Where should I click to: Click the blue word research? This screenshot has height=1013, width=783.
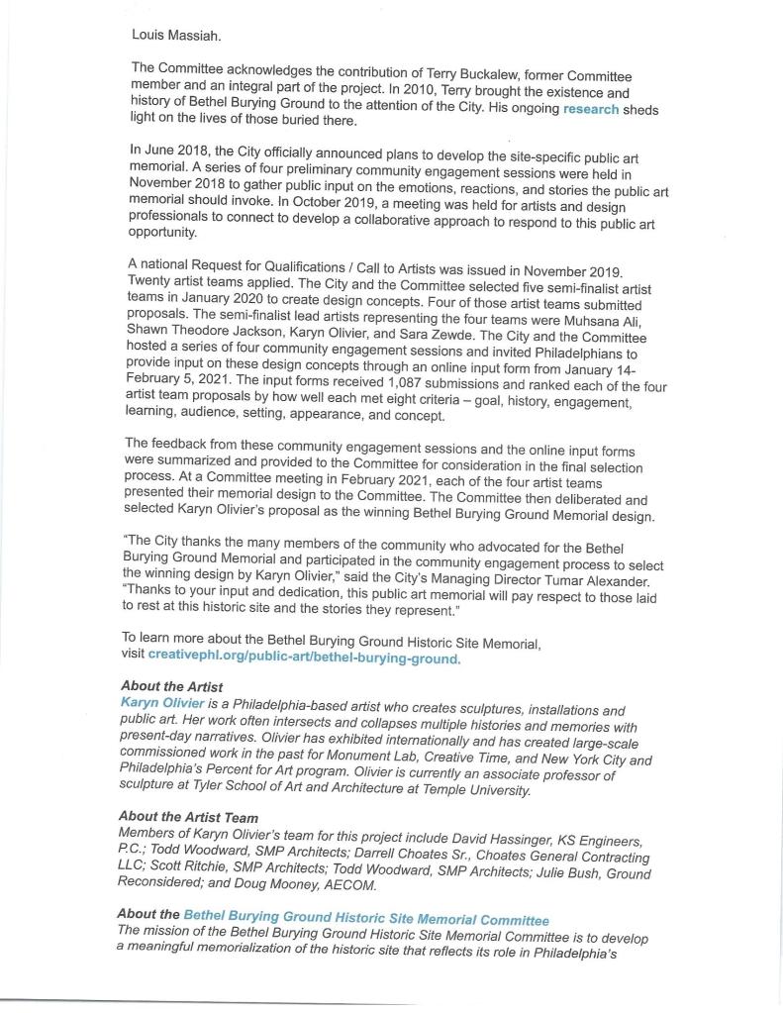point(591,109)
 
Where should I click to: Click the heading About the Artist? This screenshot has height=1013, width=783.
point(171,686)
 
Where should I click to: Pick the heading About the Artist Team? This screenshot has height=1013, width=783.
point(187,817)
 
